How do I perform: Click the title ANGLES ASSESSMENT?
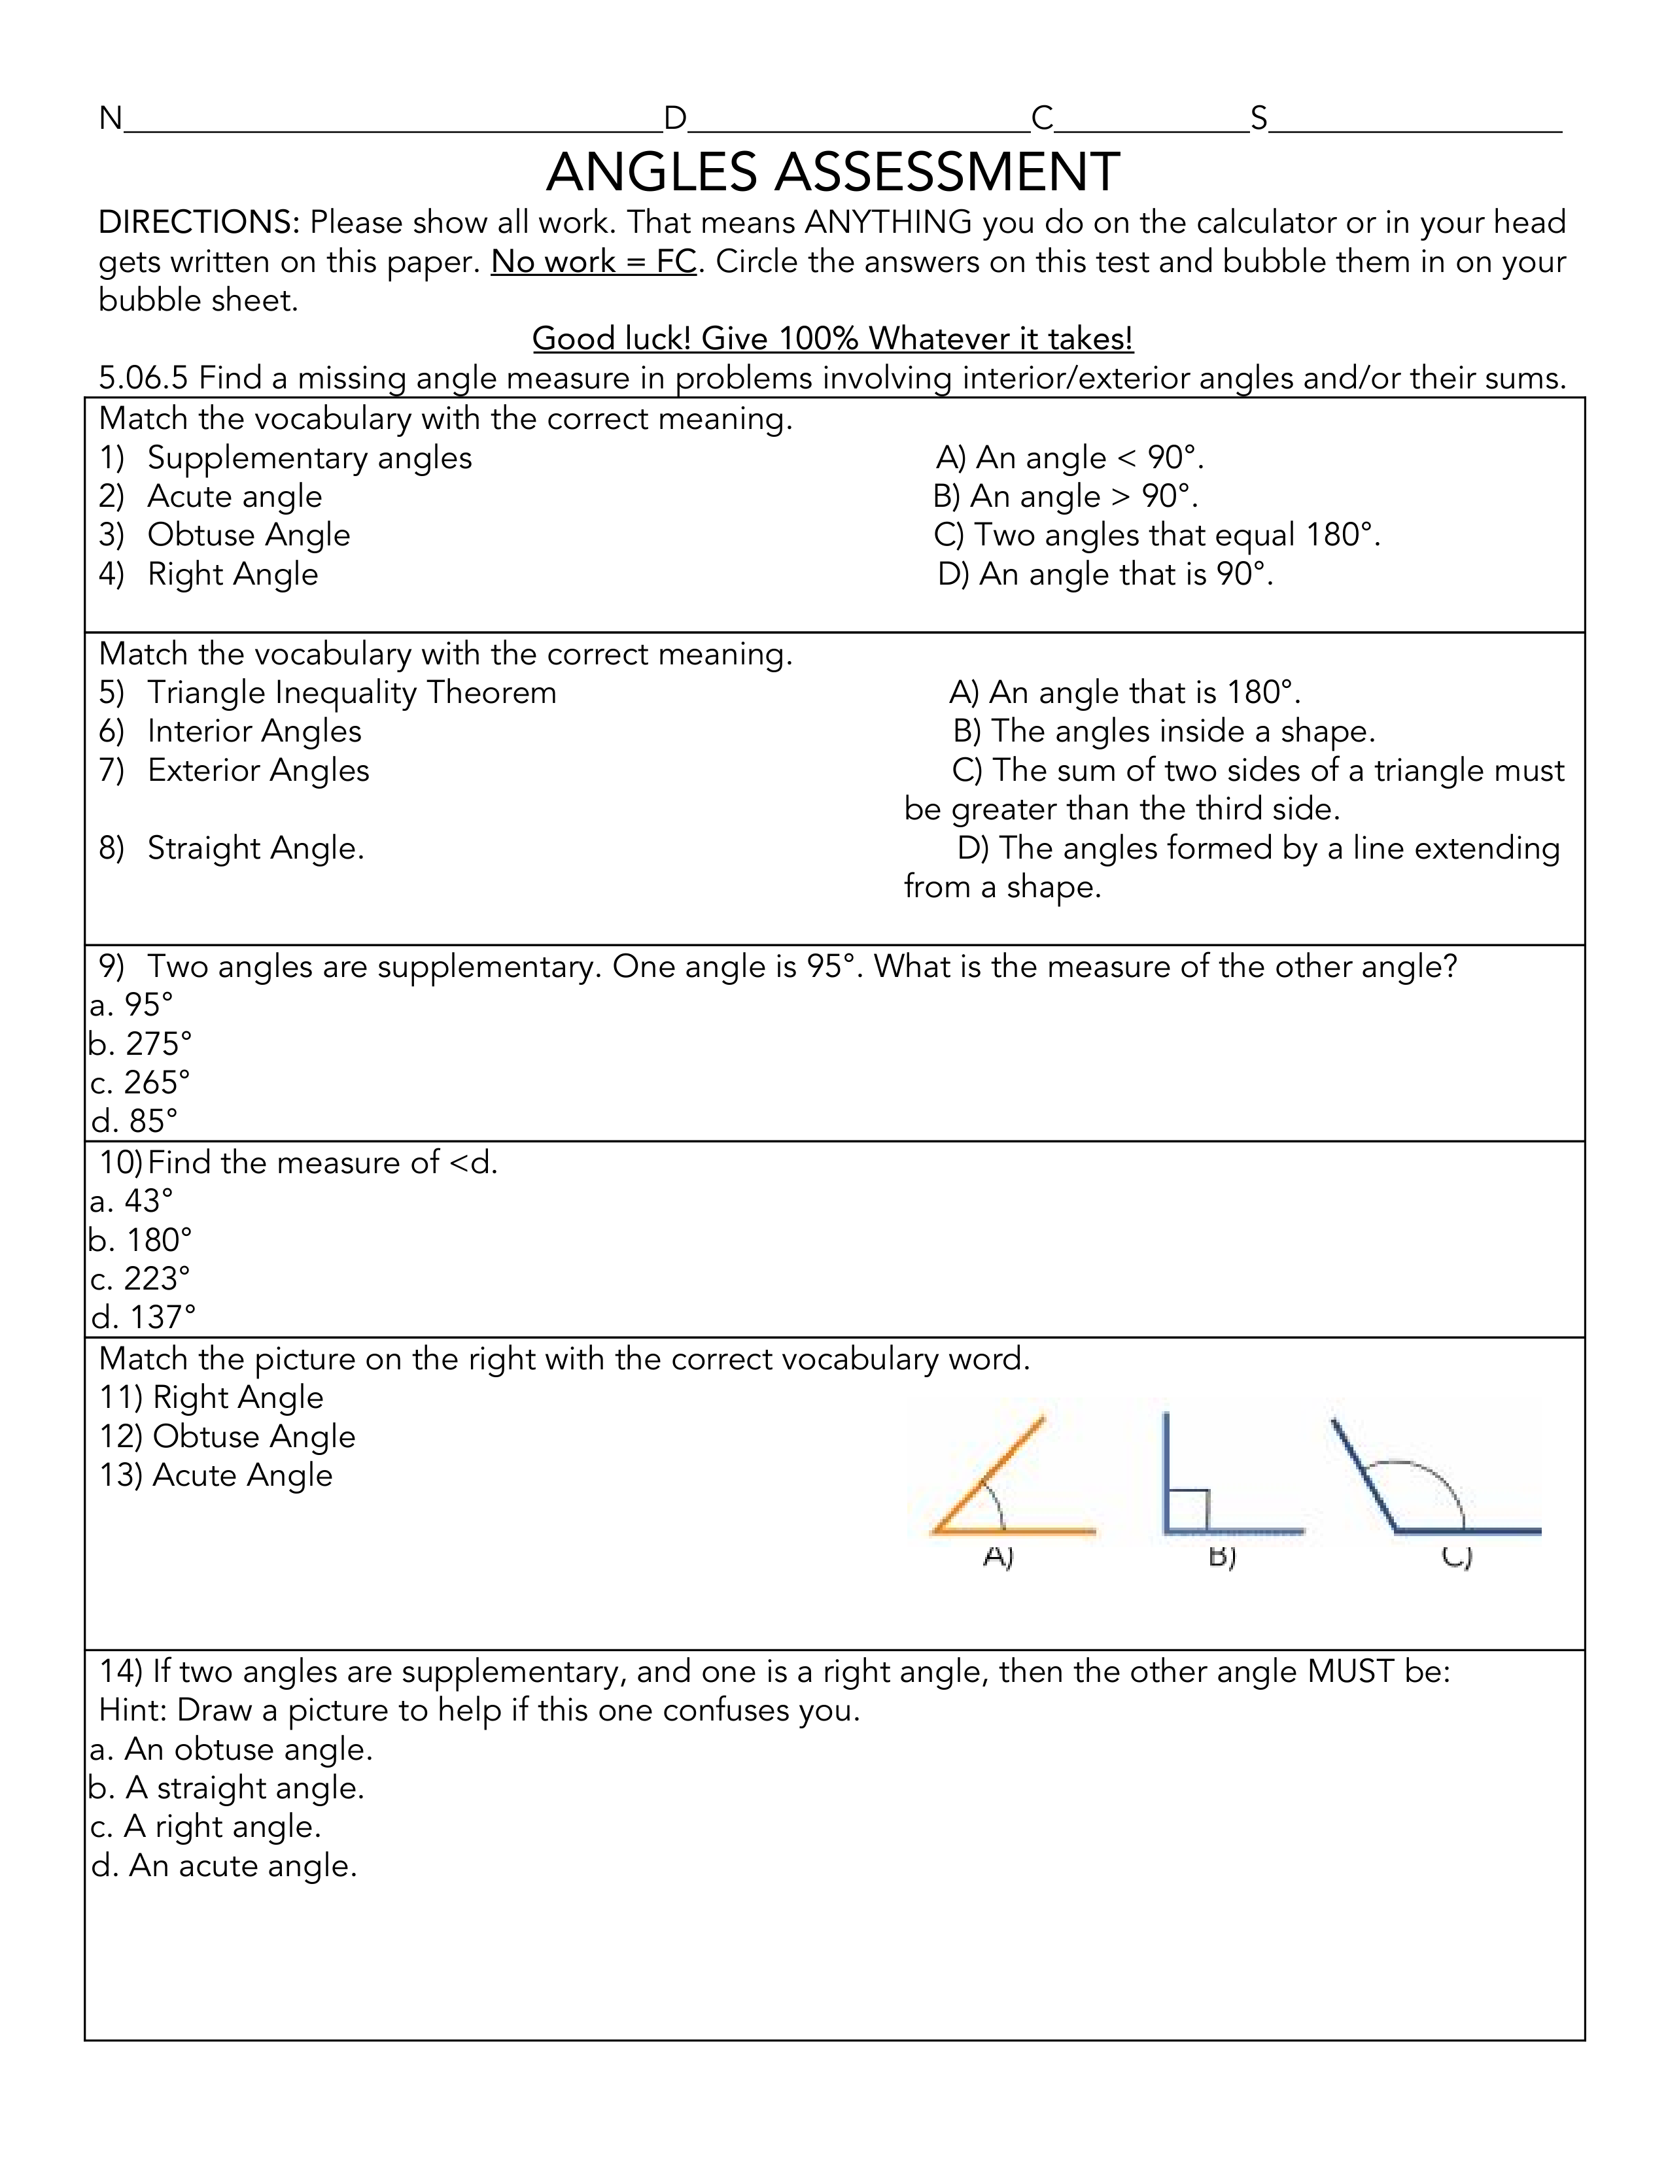coord(832,172)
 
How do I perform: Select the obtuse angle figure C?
coord(1433,1482)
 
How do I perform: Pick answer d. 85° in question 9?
coord(134,1120)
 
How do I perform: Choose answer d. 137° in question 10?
coord(143,1317)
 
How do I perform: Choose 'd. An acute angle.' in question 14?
coord(224,1866)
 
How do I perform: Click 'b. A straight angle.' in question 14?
coord(227,1787)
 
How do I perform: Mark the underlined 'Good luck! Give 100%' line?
coord(832,339)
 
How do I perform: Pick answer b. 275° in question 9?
coord(141,1044)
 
